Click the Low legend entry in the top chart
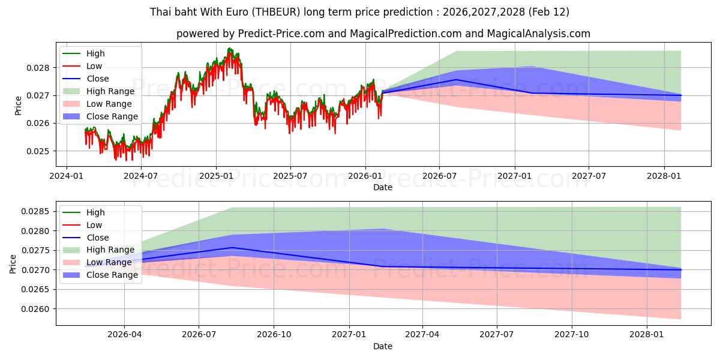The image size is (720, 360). click(x=94, y=66)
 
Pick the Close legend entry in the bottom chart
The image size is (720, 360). click(x=98, y=238)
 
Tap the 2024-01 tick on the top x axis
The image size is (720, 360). click(x=66, y=176)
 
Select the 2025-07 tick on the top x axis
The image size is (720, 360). click(x=290, y=176)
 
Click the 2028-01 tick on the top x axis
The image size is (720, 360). click(x=664, y=176)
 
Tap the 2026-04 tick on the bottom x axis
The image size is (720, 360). click(x=124, y=335)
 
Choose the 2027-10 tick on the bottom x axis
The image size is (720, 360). click(x=572, y=335)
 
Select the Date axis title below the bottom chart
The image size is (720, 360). click(x=383, y=346)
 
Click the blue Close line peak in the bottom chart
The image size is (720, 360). click(x=232, y=247)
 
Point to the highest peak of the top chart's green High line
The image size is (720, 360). click(x=229, y=48)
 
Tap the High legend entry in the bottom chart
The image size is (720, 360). click(x=95, y=212)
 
